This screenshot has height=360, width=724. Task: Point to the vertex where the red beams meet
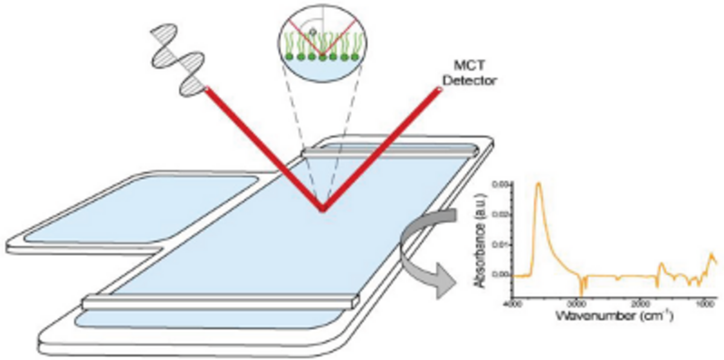point(323,210)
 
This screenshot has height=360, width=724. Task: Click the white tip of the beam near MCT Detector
point(438,89)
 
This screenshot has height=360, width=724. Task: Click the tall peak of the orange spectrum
point(538,184)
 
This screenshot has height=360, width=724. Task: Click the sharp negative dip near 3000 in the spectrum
point(580,292)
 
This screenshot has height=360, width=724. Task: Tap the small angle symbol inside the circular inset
point(312,30)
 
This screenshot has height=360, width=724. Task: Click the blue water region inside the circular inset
point(323,68)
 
